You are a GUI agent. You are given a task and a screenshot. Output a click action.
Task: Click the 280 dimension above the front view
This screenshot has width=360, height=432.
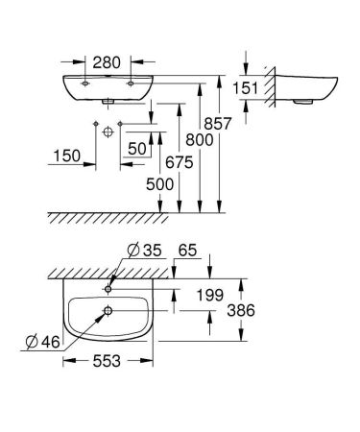point(108,64)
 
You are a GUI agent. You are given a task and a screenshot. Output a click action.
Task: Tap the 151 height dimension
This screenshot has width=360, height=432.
point(248,87)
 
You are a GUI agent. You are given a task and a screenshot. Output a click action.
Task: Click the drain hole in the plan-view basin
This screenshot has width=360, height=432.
point(108,310)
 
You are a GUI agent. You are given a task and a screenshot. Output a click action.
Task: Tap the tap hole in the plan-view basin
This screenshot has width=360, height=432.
point(110,286)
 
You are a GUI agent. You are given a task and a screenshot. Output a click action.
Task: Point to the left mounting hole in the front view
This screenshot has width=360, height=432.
point(86,84)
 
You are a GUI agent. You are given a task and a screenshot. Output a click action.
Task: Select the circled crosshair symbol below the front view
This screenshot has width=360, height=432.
point(108,129)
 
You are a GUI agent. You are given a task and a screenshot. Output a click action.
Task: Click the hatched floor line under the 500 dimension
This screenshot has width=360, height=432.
point(125,217)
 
